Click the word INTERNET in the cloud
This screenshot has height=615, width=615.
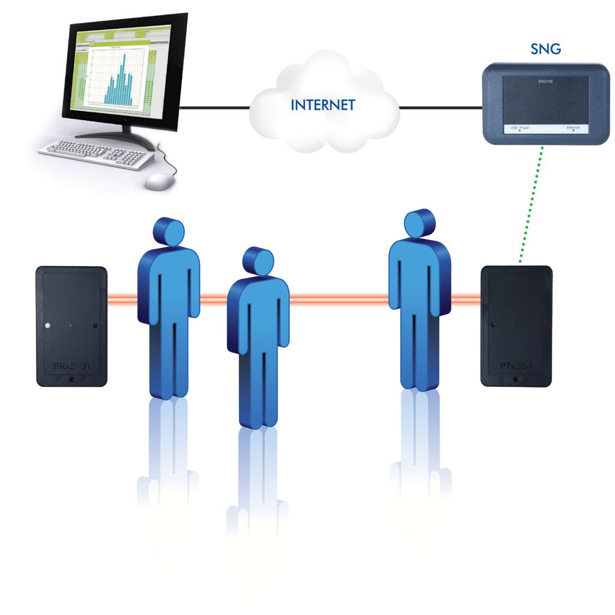[x=323, y=105]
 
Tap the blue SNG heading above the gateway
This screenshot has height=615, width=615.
[x=545, y=49]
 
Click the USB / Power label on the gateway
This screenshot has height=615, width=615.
[x=518, y=128]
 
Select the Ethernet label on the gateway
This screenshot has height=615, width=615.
[x=573, y=128]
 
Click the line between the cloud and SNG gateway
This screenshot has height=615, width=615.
[x=441, y=108]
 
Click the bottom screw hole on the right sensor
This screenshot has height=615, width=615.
[x=516, y=379]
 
